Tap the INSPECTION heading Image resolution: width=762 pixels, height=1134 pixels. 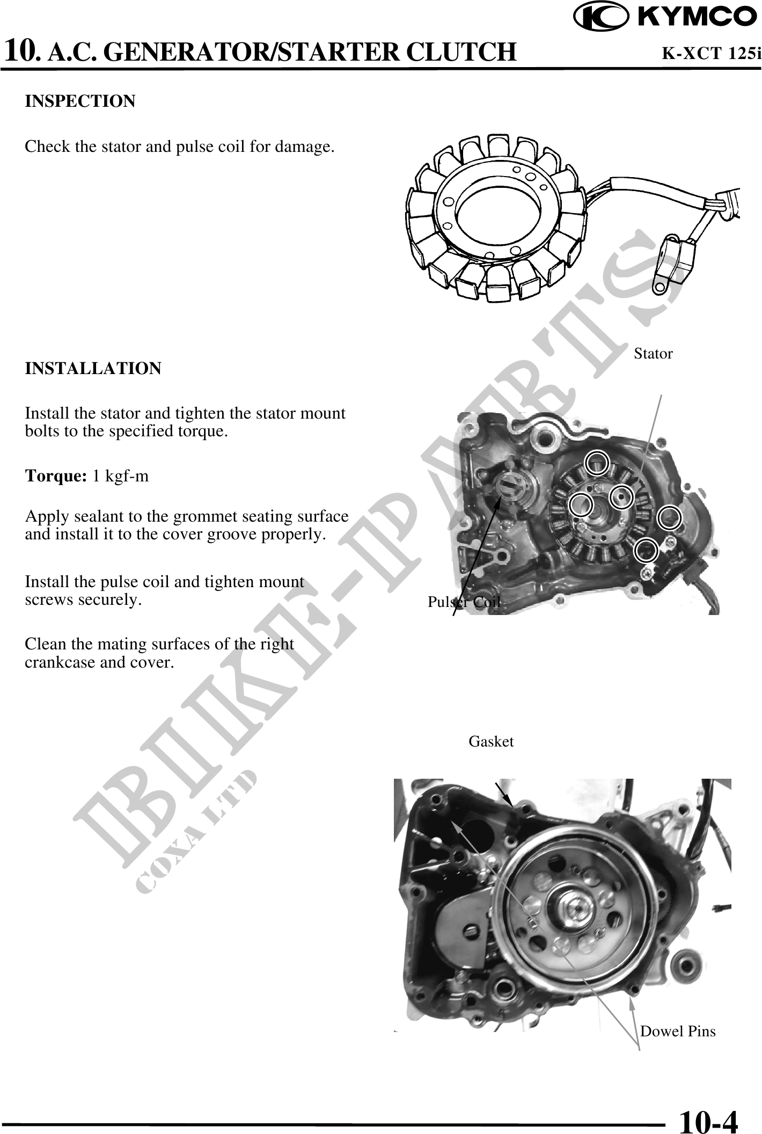click(x=80, y=101)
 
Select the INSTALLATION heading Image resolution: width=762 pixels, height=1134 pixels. click(x=93, y=369)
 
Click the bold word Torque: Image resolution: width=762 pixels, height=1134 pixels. click(x=56, y=476)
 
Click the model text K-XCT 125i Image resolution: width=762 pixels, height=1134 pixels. click(x=711, y=53)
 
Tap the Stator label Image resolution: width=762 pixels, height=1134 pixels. click(x=653, y=354)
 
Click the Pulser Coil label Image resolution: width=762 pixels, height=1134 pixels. click(x=464, y=602)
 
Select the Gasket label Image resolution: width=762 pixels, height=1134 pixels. click(x=491, y=741)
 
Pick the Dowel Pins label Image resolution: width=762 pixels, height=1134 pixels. click(x=678, y=1031)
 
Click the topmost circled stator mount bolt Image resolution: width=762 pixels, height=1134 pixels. click(x=597, y=463)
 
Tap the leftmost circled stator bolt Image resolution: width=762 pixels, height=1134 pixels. click(x=581, y=504)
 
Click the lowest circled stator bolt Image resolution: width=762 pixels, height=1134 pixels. click(x=646, y=550)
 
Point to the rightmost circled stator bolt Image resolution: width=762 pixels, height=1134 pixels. click(x=670, y=518)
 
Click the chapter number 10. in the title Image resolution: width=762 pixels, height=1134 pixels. click(x=21, y=52)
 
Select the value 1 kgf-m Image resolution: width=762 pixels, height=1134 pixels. click(x=121, y=476)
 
